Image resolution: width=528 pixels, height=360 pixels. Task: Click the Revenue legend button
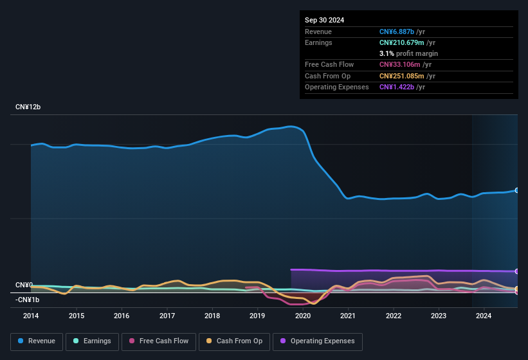click(37, 341)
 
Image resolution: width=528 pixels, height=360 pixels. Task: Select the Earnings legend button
click(92, 341)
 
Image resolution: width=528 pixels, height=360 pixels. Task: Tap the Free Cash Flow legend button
click(159, 341)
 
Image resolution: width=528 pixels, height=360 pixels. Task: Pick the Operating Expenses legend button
click(317, 341)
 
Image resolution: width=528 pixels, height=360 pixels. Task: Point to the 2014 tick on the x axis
click(31, 316)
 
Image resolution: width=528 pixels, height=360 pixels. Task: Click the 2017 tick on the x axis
click(167, 316)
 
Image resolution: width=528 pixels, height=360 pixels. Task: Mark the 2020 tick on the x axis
click(303, 316)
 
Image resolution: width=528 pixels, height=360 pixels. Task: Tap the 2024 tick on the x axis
click(484, 316)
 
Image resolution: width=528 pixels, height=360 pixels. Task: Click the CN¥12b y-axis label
click(28, 107)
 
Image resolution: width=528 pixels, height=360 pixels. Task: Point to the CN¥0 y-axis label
click(24, 285)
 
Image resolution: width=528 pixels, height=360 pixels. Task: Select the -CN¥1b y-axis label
click(28, 300)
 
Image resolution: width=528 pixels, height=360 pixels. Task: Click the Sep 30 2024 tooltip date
click(324, 20)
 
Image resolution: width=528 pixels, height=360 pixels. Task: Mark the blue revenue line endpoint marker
click(517, 190)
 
